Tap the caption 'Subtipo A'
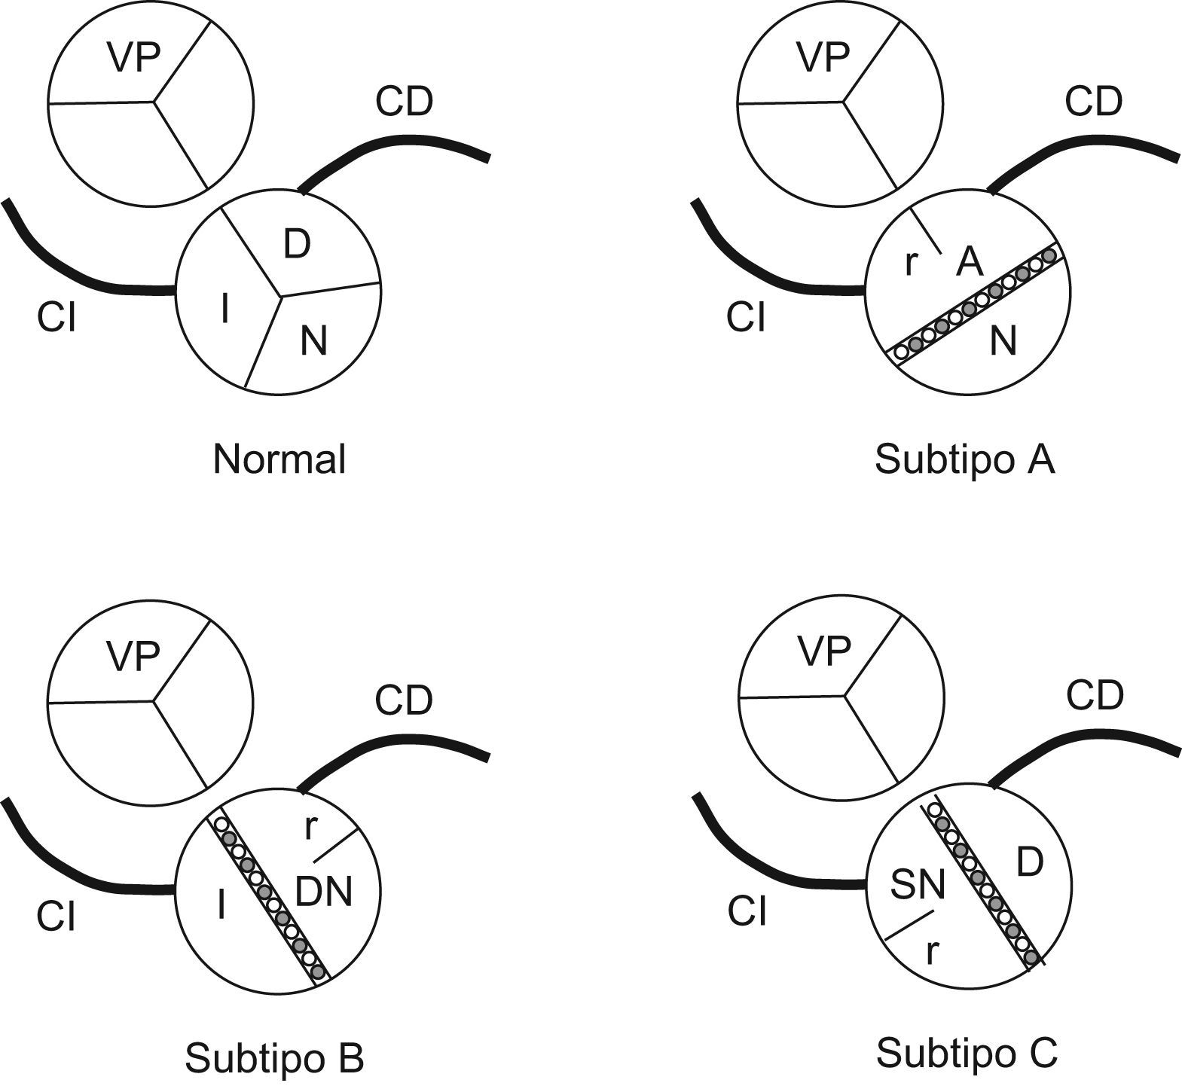click(x=964, y=459)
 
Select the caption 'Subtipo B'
click(x=274, y=1057)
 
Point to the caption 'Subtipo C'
click(x=967, y=1052)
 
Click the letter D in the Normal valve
click(x=297, y=244)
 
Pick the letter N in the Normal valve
click(x=313, y=341)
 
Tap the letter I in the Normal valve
click(x=224, y=309)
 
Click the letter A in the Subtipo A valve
click(x=970, y=262)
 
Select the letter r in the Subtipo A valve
click(x=910, y=263)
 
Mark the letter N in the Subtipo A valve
click(x=1003, y=341)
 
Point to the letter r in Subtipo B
click(x=310, y=828)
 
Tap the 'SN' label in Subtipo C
click(x=917, y=886)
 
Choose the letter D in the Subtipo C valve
click(x=1030, y=862)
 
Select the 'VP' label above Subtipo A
click(x=823, y=57)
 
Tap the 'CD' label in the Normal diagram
click(x=405, y=102)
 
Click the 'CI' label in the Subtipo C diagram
click(x=747, y=912)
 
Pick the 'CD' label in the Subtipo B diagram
click(x=404, y=700)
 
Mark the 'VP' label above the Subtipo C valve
click(x=823, y=651)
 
